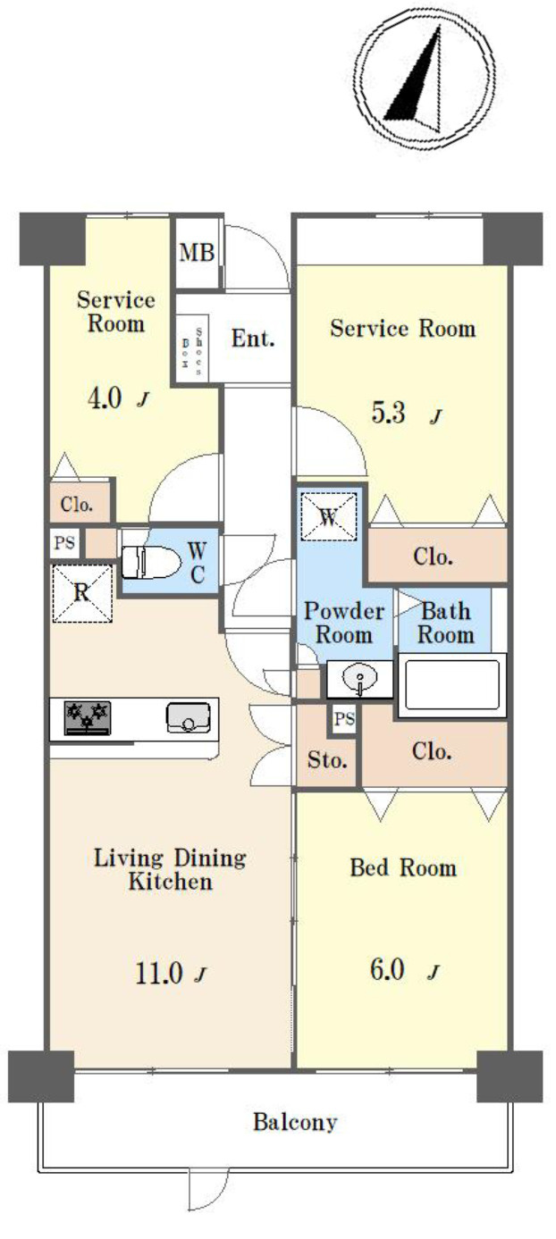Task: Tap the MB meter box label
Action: (197, 252)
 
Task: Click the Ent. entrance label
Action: (253, 339)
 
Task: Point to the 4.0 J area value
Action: (114, 398)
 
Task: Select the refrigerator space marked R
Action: (81, 592)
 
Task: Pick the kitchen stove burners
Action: (87, 716)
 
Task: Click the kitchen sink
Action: (188, 716)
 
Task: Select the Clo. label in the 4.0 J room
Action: (77, 504)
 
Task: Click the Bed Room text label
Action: (402, 867)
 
